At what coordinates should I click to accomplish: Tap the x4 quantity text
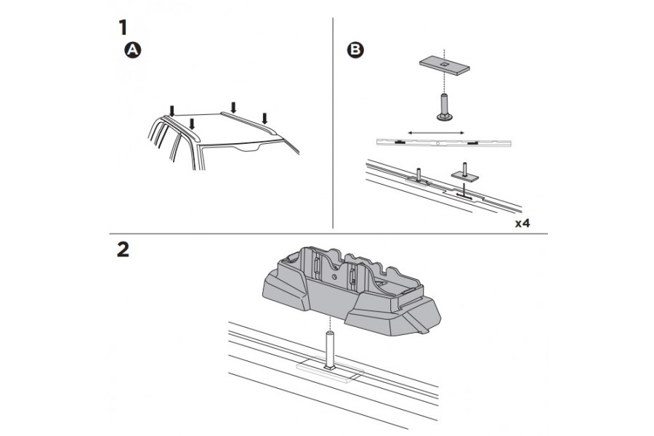tap(522, 222)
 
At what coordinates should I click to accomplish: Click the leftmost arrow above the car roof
tap(171, 110)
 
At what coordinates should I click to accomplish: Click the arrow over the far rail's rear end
tap(233, 107)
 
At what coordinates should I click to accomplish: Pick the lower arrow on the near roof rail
tap(191, 123)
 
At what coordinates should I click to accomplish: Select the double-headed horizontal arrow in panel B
tap(436, 132)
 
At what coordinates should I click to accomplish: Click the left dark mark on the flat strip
tap(402, 142)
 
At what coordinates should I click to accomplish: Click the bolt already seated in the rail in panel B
tap(419, 176)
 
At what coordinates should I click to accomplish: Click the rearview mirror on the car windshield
tap(251, 149)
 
